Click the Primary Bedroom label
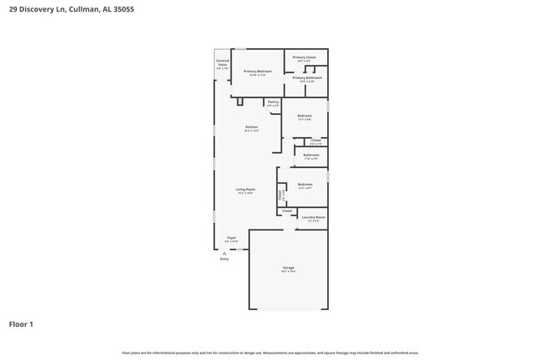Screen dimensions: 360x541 tap(257, 72)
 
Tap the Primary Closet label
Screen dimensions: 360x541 tap(304, 57)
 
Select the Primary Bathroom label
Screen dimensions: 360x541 tap(306, 78)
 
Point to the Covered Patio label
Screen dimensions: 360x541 tap(222, 63)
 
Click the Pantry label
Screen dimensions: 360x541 tap(273, 101)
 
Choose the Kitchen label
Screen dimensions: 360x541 tap(251, 127)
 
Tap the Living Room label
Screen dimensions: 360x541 tap(245, 190)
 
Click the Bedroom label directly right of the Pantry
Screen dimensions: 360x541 tap(305, 116)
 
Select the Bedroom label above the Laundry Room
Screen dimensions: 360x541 tap(305, 185)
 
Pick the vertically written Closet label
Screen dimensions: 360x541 tap(280, 194)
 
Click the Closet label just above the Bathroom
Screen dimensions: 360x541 tap(316, 141)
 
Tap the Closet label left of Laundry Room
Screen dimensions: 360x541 tap(287, 211)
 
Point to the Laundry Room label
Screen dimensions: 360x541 tap(314, 218)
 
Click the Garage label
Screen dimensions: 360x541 tap(288, 268)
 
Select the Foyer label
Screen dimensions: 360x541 tap(231, 238)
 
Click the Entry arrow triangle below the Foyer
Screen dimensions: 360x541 tap(224, 252)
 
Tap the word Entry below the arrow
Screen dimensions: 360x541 tap(224, 259)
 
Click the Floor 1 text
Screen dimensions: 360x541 tap(21, 324)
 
